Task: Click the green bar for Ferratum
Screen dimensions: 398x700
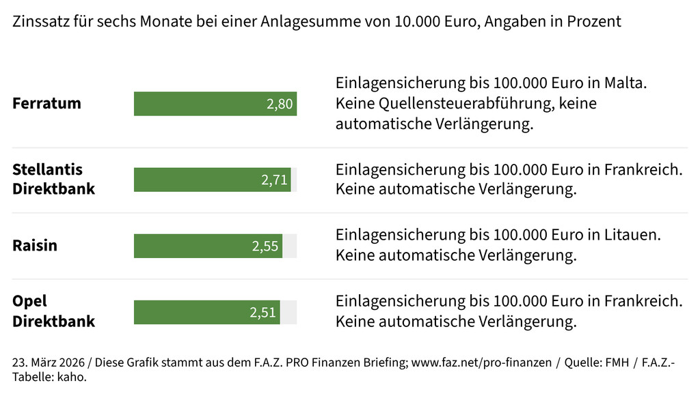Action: (198, 104)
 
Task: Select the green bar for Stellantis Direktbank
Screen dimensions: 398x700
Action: (195, 180)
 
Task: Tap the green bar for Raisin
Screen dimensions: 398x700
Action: (191, 246)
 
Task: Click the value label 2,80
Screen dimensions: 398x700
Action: (280, 104)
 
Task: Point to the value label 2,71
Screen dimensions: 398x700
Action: (274, 180)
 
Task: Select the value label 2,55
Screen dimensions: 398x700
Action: (265, 246)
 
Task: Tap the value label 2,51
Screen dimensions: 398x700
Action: (263, 313)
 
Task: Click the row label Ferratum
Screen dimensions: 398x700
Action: (46, 104)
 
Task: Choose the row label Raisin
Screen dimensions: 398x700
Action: (35, 246)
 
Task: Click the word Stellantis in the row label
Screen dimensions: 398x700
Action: (47, 169)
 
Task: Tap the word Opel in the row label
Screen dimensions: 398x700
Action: (29, 302)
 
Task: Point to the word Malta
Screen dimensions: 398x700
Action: (625, 83)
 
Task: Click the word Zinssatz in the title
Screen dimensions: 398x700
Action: (40, 21)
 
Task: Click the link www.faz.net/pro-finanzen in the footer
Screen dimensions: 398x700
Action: (481, 363)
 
